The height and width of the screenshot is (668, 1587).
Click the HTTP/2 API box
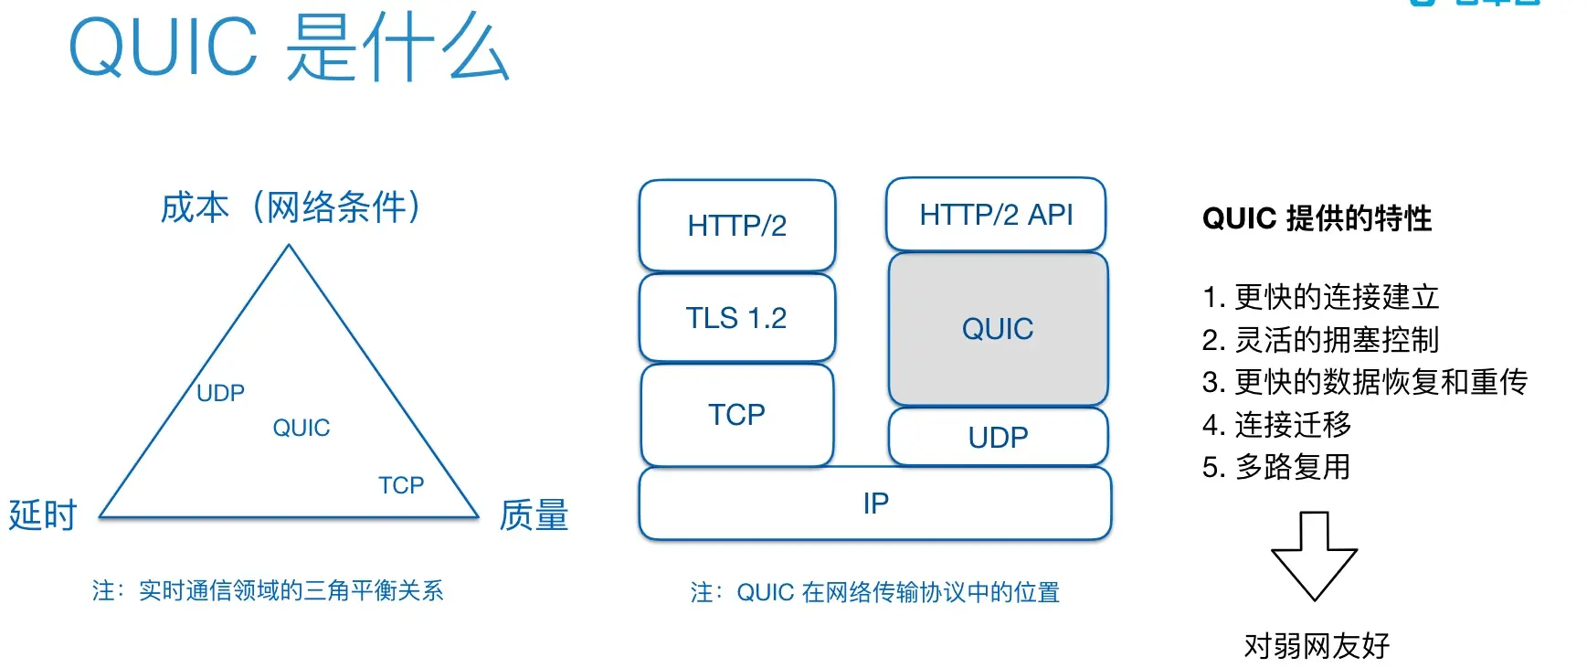996,215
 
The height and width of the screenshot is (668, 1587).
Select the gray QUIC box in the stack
998,329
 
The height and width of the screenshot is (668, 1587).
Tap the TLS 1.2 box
736,318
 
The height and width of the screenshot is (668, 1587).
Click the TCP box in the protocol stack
736,415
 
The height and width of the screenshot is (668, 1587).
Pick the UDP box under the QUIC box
998,438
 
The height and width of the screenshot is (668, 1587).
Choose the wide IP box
875,504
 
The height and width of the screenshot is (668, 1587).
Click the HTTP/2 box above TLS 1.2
736,226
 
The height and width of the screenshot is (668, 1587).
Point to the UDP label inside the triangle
220,394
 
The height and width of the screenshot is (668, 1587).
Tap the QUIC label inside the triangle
302,428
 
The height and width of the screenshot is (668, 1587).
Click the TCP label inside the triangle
401,485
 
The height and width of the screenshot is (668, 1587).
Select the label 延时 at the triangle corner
42,515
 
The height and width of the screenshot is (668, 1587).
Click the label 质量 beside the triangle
534,515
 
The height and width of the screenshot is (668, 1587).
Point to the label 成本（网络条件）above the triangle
291,207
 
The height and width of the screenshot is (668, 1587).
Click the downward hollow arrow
1314,556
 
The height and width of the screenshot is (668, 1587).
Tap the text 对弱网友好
1317,646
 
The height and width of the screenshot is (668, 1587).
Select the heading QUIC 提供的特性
1317,218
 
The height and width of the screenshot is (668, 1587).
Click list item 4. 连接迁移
1276,425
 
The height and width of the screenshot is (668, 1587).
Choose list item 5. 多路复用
1276,468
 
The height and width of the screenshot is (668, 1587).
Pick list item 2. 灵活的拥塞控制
1320,340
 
